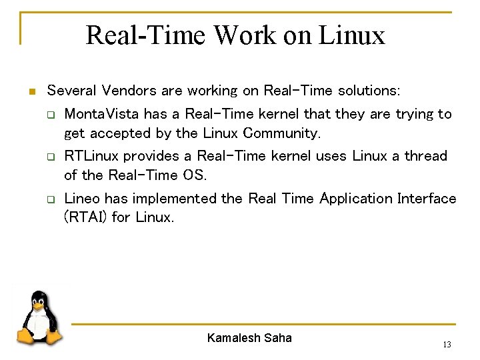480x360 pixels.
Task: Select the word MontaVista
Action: click(91, 114)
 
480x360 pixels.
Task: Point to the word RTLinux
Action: click(91, 156)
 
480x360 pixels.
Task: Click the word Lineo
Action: click(81, 199)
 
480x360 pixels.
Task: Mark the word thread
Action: click(426, 156)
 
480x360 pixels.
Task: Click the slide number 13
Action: click(447, 345)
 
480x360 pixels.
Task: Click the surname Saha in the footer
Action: click(278, 338)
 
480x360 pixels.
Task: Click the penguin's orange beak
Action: click(38, 309)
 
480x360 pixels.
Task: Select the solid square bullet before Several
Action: click(31, 91)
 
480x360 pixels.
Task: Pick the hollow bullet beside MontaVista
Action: click(50, 115)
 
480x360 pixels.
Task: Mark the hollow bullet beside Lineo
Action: click(50, 199)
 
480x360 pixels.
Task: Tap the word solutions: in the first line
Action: click(369, 90)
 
